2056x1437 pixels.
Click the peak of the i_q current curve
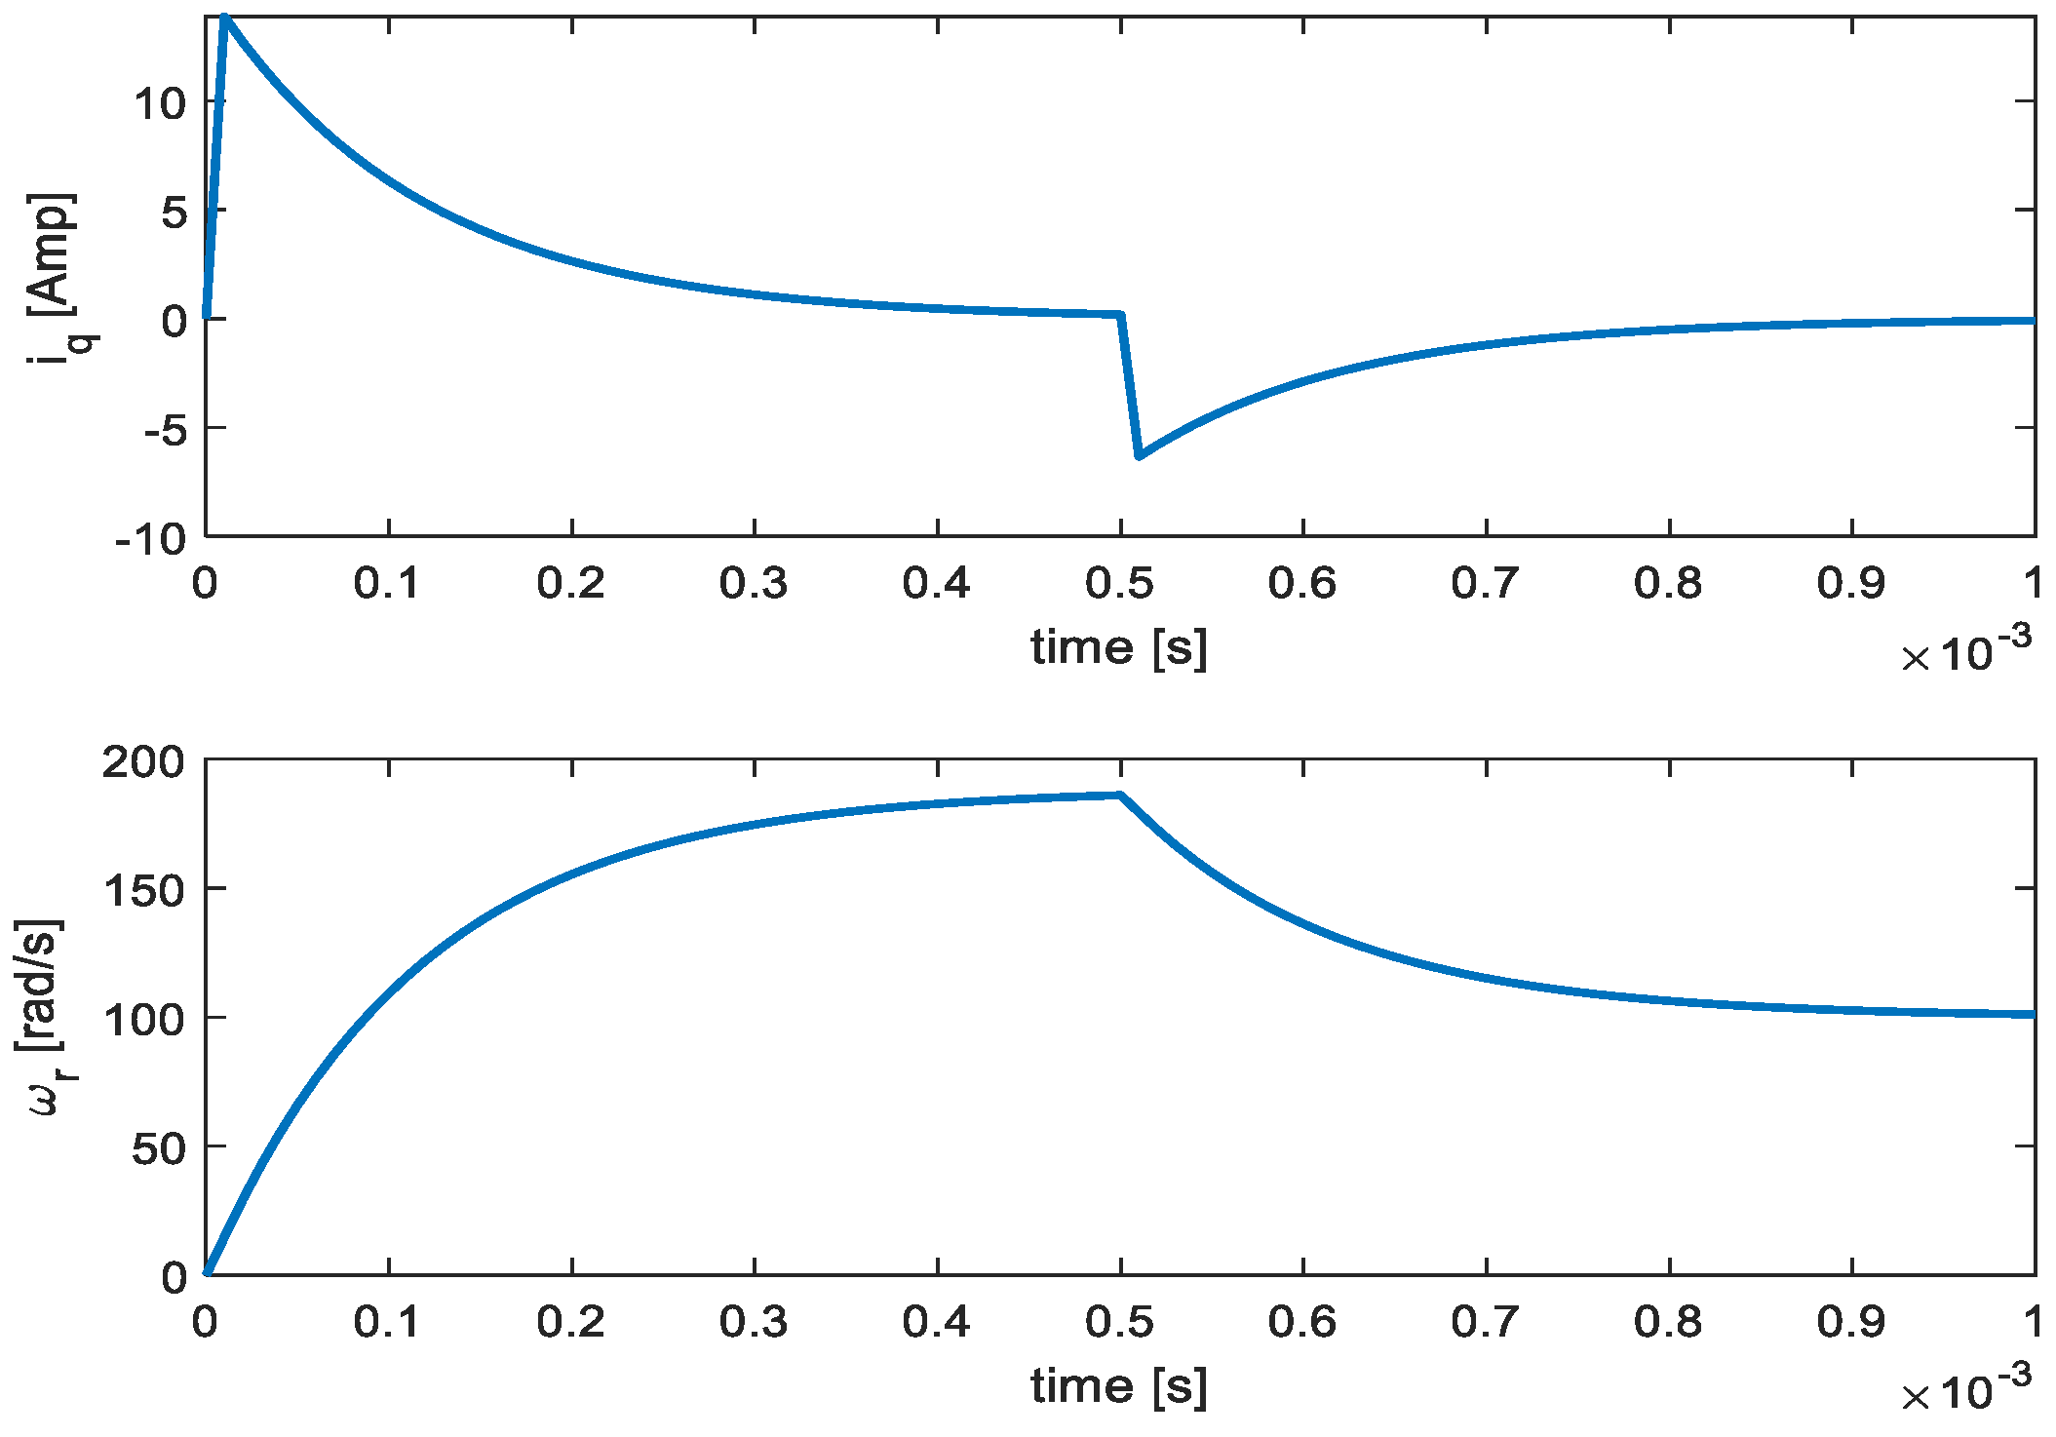[224, 18]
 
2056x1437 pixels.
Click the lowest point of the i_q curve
[1139, 455]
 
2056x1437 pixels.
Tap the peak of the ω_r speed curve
[1120, 796]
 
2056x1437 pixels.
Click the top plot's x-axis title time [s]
[1119, 647]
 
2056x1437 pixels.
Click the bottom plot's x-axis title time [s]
[1119, 1385]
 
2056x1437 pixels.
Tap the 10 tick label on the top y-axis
[160, 102]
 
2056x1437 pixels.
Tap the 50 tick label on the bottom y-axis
[158, 1148]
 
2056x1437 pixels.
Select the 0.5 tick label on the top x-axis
[1119, 583]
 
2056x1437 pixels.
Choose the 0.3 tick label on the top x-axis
[754, 583]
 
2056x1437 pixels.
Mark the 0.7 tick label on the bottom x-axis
[1486, 1322]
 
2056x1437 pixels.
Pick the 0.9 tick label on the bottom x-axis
[1851, 1322]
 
